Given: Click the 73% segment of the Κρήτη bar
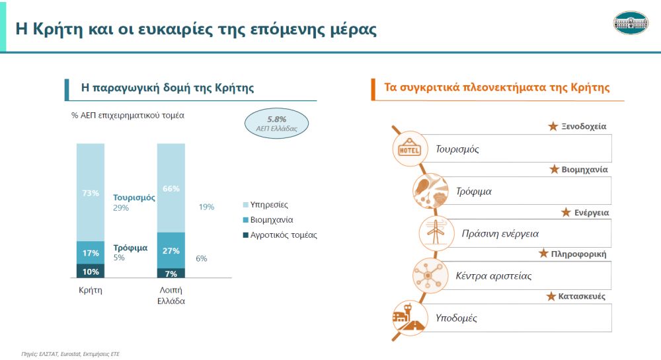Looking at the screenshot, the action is click(x=90, y=192).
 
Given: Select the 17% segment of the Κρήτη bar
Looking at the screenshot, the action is click(x=90, y=252).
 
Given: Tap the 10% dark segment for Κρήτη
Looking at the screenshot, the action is click(x=90, y=271).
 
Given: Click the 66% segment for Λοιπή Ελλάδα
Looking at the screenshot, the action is click(x=171, y=188).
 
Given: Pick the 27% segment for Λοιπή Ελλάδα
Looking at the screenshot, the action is click(x=171, y=250).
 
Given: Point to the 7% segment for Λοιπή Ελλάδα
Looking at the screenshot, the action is click(x=171, y=273).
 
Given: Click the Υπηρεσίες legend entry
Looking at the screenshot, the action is click(x=265, y=205).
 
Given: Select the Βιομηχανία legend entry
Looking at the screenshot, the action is click(x=268, y=220).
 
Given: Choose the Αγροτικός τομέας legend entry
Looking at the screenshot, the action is click(x=280, y=235).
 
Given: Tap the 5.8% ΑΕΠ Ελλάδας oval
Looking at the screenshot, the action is click(x=276, y=124).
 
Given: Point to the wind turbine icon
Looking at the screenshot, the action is click(x=436, y=233).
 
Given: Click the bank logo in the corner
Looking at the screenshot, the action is click(x=631, y=22).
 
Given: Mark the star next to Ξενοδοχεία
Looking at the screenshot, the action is click(x=553, y=126).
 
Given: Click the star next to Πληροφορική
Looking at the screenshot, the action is click(x=543, y=254).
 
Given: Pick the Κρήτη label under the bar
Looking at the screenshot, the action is click(x=90, y=290).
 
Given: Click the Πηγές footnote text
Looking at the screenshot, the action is click(x=71, y=354).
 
